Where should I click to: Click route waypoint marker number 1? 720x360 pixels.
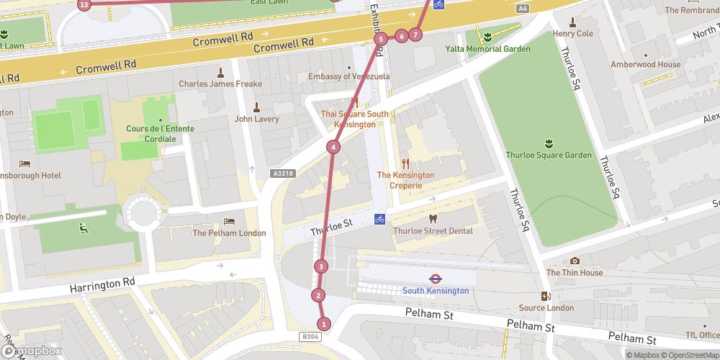click(324, 324)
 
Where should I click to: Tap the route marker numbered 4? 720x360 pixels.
click(333, 148)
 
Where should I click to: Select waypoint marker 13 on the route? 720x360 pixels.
click(85, 4)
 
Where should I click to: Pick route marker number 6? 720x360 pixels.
click(401, 36)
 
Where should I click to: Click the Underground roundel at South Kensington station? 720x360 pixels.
click(435, 278)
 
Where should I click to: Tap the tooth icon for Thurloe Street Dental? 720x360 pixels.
click(433, 218)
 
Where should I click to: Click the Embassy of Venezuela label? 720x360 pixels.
click(348, 76)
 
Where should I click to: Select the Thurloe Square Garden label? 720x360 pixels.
click(549, 155)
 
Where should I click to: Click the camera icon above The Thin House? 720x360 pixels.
click(574, 261)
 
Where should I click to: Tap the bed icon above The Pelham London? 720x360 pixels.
click(229, 221)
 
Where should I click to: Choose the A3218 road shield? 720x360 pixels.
click(284, 173)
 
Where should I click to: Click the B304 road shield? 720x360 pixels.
click(310, 336)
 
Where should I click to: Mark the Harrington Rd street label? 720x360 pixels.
click(102, 285)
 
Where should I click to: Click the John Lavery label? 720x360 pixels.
click(256, 119)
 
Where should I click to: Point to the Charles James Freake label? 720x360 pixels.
click(220, 84)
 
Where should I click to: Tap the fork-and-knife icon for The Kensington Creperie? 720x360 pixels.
click(405, 163)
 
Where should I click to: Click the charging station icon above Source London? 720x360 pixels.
click(546, 296)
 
